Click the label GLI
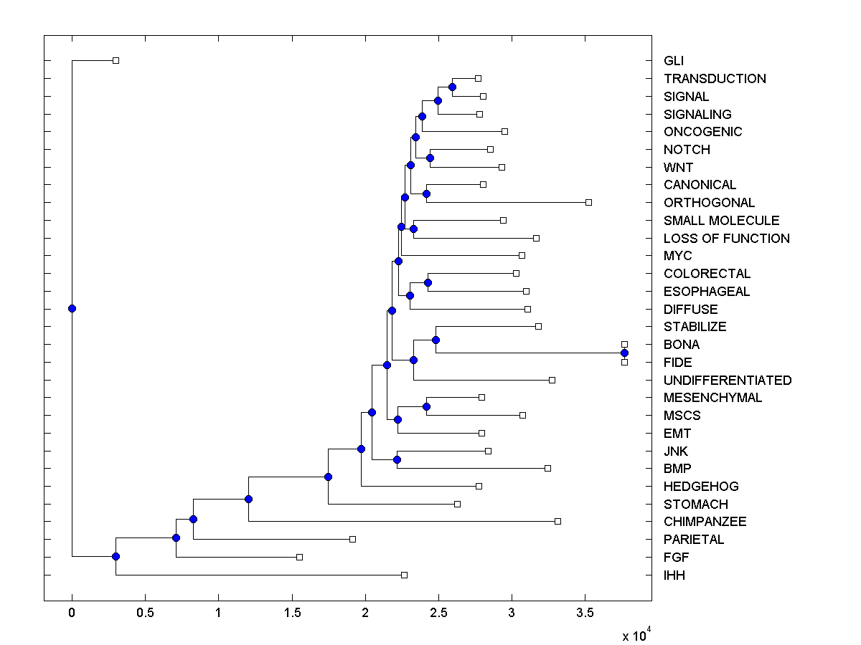[x=674, y=61]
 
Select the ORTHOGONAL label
[x=709, y=203]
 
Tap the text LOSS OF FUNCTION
[x=726, y=239]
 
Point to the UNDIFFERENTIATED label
[x=728, y=381]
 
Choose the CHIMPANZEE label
[x=705, y=522]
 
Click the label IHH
[x=674, y=575]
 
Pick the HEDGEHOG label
[x=700, y=487]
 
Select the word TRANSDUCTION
[x=715, y=79]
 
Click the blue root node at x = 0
[x=72, y=308]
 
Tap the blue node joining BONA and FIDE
[x=624, y=353]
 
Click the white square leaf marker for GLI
[x=116, y=60]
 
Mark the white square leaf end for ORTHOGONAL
[x=588, y=202]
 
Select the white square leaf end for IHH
[x=404, y=575]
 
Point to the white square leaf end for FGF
[x=299, y=557]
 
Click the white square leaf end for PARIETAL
[x=352, y=539]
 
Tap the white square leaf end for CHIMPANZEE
[x=557, y=521]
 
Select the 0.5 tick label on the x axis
[x=145, y=613]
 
